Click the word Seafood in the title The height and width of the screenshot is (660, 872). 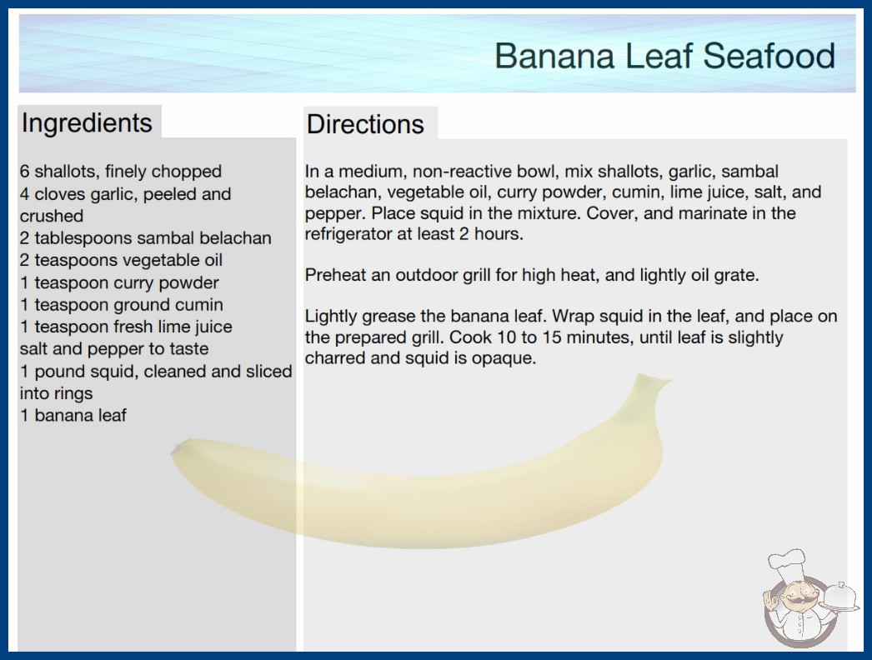click(x=769, y=56)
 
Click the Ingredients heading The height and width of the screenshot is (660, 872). click(x=87, y=122)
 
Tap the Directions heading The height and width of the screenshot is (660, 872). click(x=365, y=124)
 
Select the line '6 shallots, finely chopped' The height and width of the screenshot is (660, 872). click(x=121, y=172)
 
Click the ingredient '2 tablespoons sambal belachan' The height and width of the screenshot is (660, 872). click(x=146, y=238)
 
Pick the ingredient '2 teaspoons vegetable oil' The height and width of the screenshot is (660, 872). click(x=121, y=260)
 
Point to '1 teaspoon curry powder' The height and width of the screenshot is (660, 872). click(x=119, y=282)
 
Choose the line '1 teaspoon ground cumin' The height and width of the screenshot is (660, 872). click(x=122, y=305)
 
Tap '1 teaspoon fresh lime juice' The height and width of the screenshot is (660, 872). click(x=126, y=327)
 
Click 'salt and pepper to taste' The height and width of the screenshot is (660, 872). click(x=114, y=349)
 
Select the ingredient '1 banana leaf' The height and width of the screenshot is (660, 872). click(x=73, y=415)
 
